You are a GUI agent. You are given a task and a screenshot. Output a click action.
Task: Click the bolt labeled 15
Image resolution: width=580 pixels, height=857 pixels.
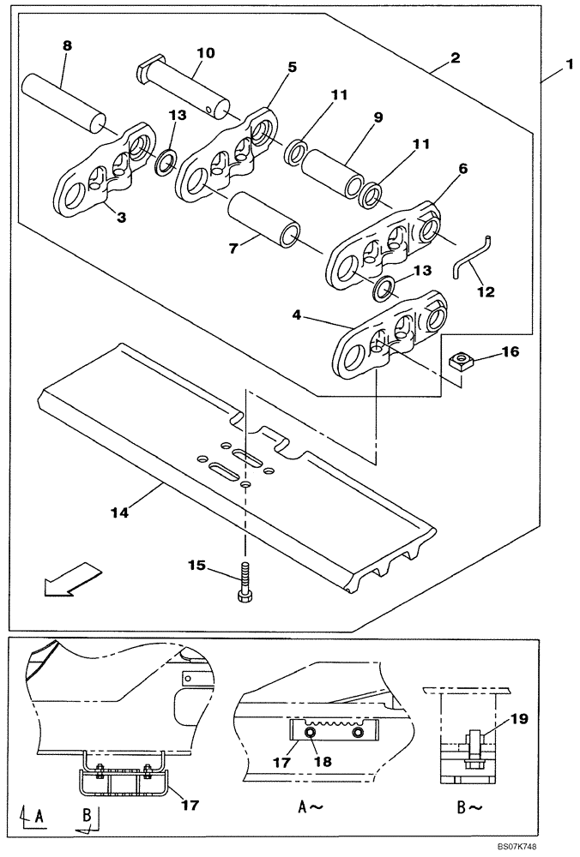click(245, 583)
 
